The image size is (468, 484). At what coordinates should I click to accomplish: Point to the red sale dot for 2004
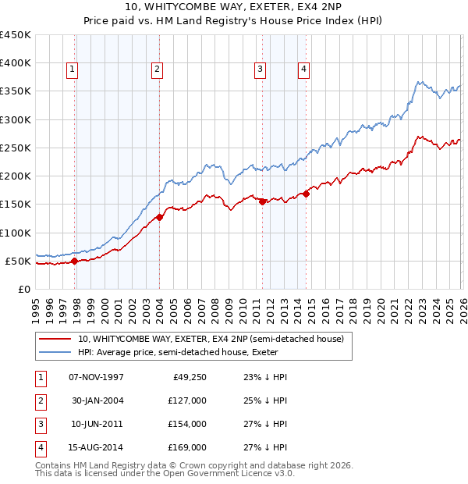pos(159,217)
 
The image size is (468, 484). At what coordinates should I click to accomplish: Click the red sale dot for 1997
pos(75,262)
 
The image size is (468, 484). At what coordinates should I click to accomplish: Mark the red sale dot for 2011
pos(262,201)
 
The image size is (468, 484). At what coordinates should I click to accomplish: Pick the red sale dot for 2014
pos(306,194)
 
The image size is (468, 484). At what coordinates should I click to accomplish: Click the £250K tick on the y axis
pos(16,148)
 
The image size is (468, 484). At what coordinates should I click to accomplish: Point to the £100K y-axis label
pos(16,233)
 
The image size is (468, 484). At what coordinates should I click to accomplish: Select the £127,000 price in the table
pos(187,400)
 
